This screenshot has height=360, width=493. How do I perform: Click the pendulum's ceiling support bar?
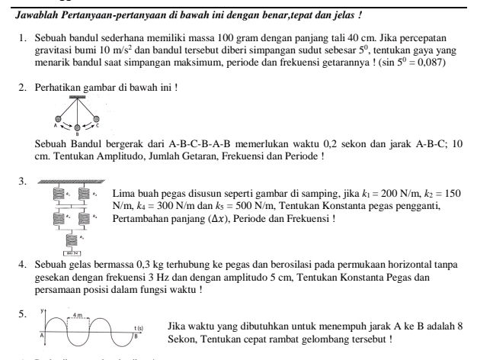coord(76,97)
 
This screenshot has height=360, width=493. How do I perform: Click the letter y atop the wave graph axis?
coord(43,311)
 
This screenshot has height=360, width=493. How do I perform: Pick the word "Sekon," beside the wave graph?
coord(184,339)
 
